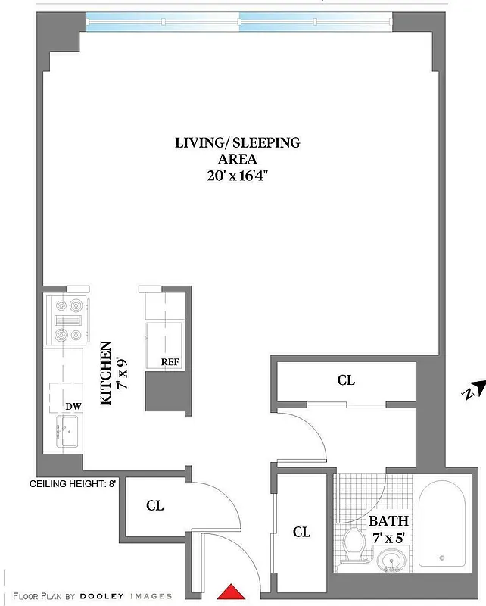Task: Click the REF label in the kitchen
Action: (170, 361)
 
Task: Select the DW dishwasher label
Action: (73, 407)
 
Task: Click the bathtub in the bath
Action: (444, 523)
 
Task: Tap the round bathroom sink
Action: (391, 561)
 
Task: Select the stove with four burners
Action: (67, 320)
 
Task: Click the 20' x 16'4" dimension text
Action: (238, 176)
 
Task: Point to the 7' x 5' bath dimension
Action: (388, 537)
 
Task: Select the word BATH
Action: (388, 521)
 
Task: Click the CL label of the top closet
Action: (345, 380)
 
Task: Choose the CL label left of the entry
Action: (154, 505)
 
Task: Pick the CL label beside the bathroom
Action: (301, 532)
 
